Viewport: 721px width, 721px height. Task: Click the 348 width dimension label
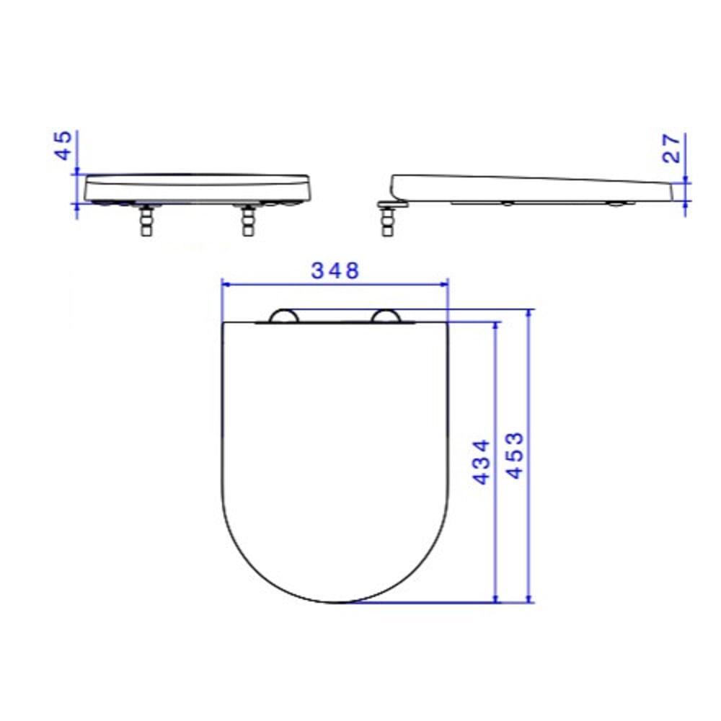pyautogui.click(x=335, y=271)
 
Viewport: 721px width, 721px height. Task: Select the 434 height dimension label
pyautogui.click(x=482, y=461)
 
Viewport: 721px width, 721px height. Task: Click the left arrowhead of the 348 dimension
pyautogui.click(x=225, y=284)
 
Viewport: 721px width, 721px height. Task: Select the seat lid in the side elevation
pyautogui.click(x=526, y=189)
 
